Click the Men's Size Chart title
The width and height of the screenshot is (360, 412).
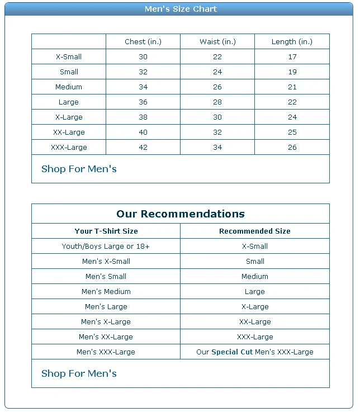[180, 9]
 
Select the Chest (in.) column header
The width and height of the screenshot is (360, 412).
[143, 42]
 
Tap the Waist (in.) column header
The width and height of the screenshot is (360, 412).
[217, 42]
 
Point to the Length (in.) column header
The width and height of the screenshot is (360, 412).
[292, 42]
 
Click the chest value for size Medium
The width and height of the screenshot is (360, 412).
[143, 87]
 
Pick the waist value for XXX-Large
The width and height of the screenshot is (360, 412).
[217, 148]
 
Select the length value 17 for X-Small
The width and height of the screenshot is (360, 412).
[292, 57]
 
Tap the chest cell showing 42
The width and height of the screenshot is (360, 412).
[143, 148]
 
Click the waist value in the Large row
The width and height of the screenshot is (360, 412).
[217, 102]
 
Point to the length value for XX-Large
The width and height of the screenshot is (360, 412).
[292, 132]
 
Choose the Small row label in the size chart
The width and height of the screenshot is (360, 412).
[69, 72]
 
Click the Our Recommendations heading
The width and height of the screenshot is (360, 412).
[180, 214]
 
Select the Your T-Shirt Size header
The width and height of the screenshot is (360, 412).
[106, 231]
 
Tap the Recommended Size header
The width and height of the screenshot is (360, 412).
[254, 231]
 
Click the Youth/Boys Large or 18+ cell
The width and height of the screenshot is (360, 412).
[106, 247]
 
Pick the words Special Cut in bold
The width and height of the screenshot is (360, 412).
[231, 352]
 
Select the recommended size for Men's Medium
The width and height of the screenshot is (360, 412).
[254, 292]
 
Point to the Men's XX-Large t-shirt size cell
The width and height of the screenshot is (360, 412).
[106, 337]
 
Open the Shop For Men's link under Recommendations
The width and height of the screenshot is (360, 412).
[79, 374]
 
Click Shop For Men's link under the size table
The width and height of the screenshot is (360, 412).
[79, 169]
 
